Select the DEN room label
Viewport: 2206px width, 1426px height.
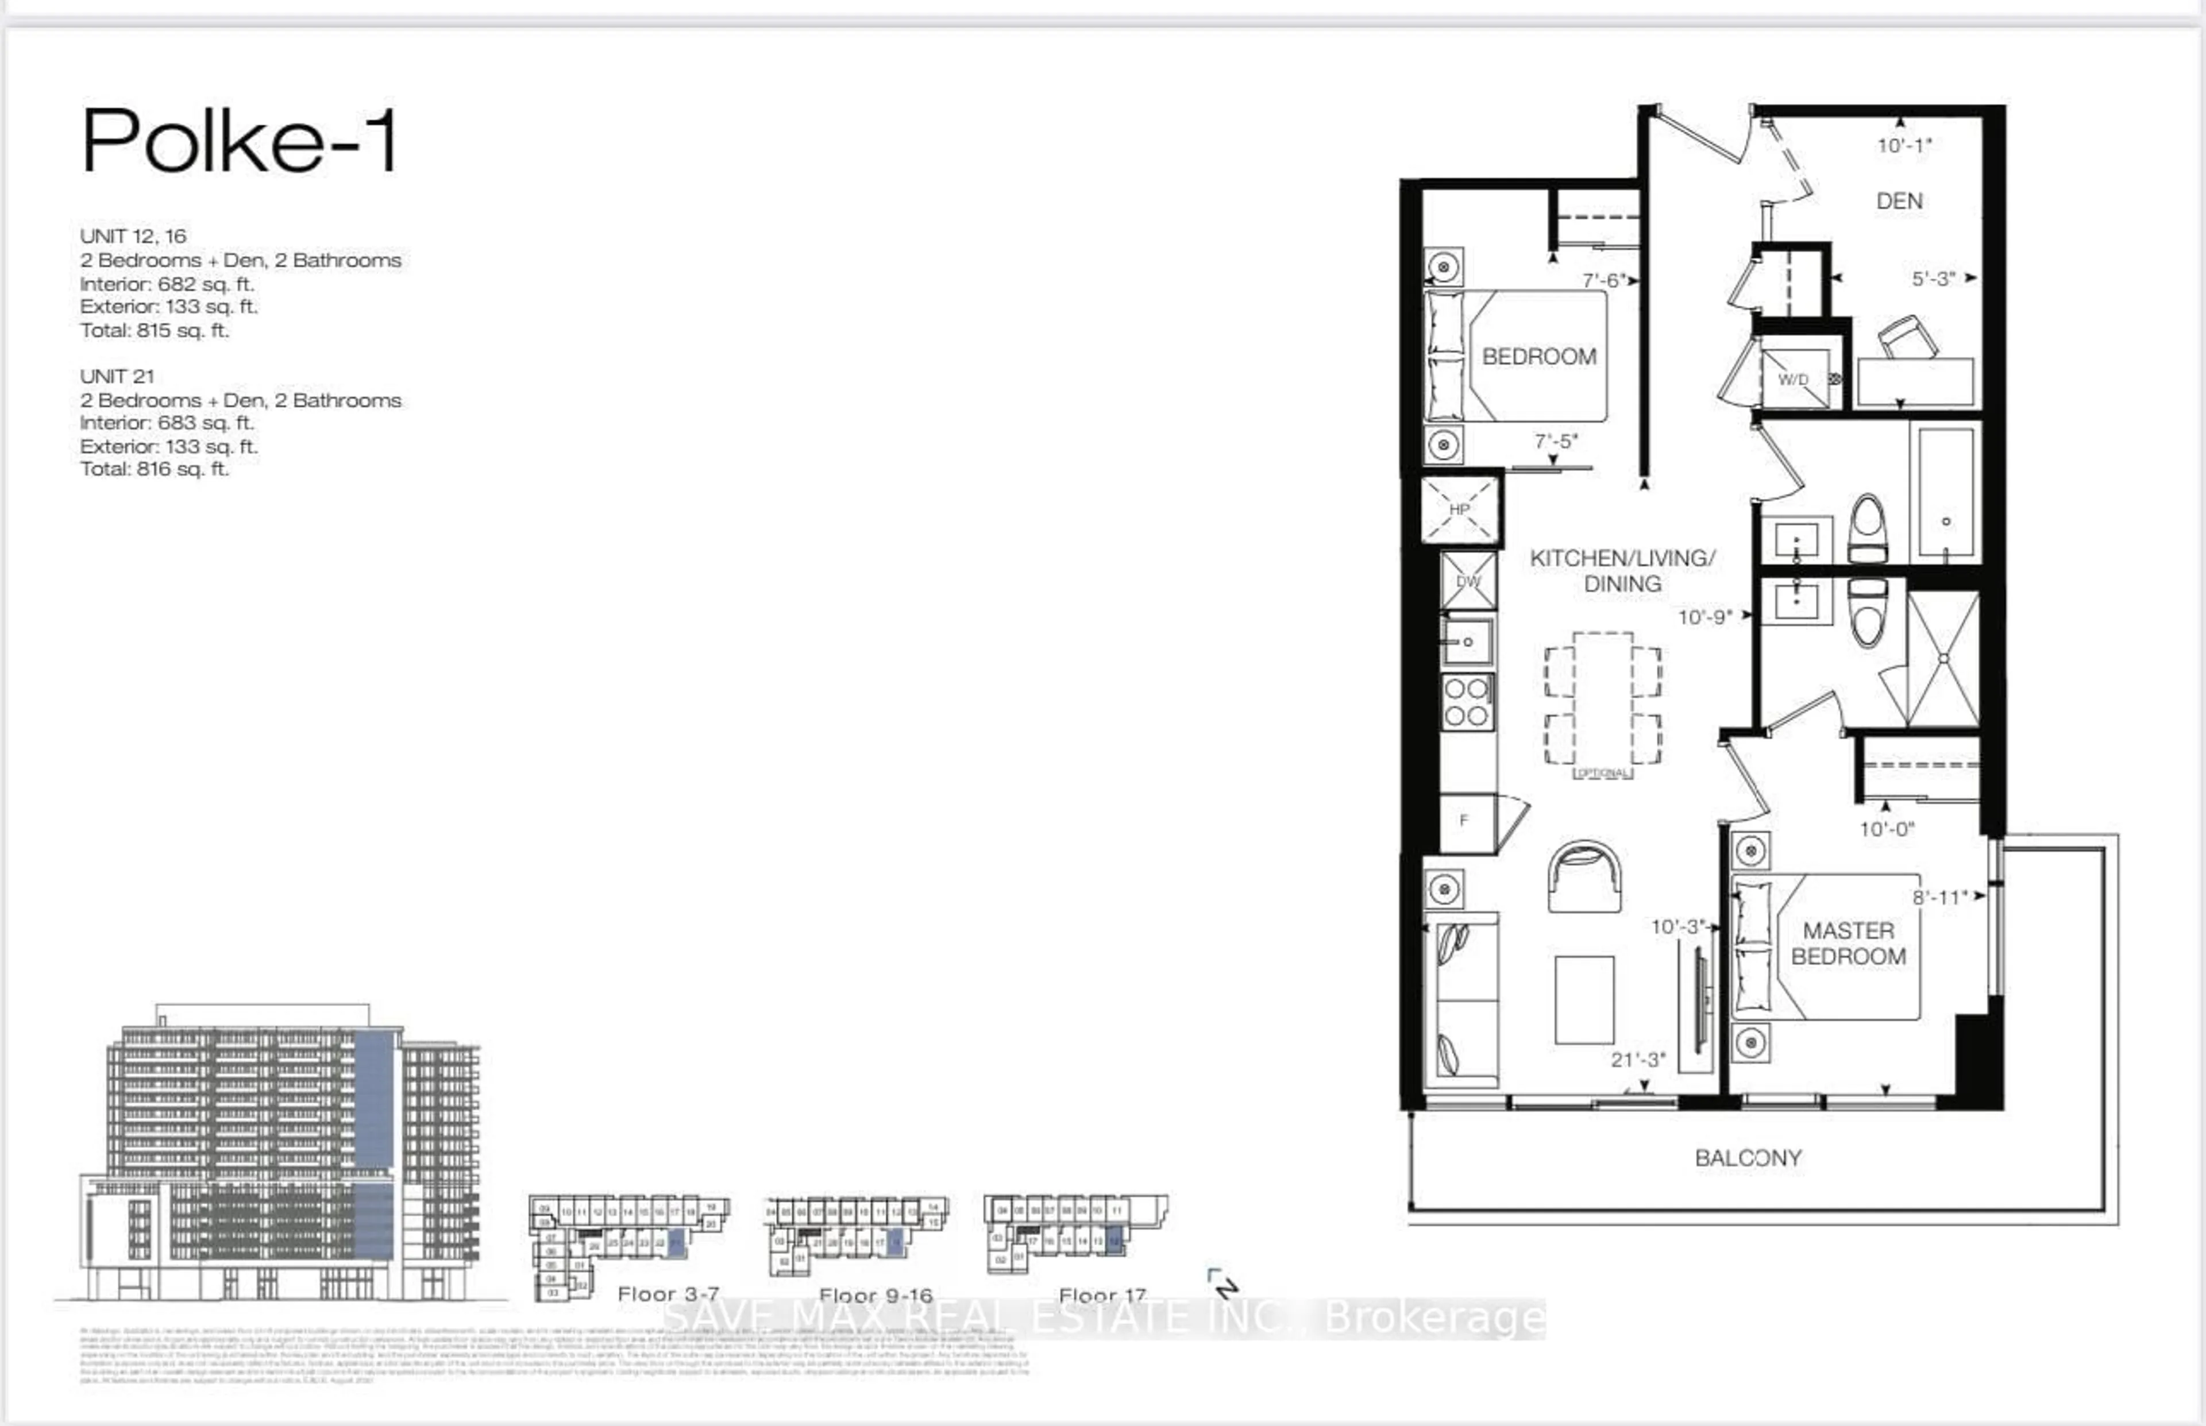coord(1899,201)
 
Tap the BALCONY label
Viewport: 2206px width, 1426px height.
coord(1748,1157)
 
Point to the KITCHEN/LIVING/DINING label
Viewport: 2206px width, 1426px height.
coord(1622,570)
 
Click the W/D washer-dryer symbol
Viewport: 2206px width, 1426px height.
coord(1794,378)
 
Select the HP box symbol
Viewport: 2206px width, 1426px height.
coord(1460,508)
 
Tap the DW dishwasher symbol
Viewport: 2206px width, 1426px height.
coord(1468,581)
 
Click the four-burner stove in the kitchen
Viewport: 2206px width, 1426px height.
coord(1467,702)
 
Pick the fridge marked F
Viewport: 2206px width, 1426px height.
coord(1465,821)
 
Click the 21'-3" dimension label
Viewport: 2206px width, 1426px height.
coord(1637,1060)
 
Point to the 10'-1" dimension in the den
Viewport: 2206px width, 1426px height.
coord(1904,145)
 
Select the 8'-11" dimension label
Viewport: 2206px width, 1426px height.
coord(1939,897)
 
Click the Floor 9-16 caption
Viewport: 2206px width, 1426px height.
coord(875,1294)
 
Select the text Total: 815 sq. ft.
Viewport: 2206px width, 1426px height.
coord(154,330)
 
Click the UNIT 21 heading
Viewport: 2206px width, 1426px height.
coord(117,376)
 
